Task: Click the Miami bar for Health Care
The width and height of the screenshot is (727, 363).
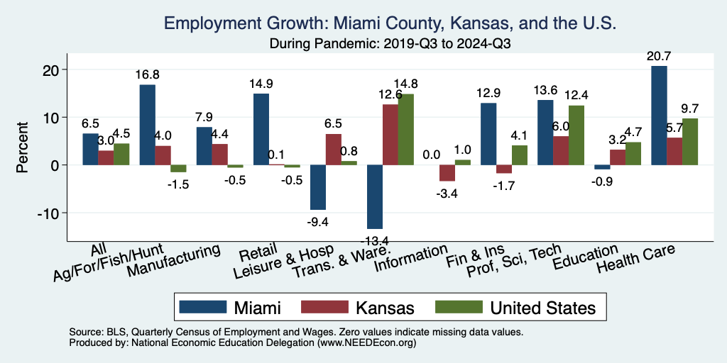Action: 659,116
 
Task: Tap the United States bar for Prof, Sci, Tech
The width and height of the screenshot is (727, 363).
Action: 576,135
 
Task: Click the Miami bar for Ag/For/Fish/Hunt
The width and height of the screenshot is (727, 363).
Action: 147,125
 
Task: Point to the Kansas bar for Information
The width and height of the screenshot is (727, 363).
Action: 447,173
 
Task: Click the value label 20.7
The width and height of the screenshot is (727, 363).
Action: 658,55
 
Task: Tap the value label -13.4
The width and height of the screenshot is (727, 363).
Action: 374,241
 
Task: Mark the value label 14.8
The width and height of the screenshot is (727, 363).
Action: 406,84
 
